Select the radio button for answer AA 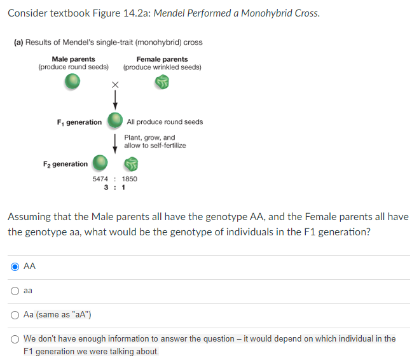point(15,267)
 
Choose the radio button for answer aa point(15,291)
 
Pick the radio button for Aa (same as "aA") point(15,314)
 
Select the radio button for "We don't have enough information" point(15,339)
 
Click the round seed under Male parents point(73,81)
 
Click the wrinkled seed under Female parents point(163,81)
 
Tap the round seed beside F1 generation point(115,120)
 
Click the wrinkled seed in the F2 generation point(131,163)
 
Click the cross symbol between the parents point(115,84)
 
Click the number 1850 point(129,179)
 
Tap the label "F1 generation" point(79,122)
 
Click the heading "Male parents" point(73,59)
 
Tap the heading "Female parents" point(162,59)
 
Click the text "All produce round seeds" point(165,122)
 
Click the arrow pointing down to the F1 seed point(115,99)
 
